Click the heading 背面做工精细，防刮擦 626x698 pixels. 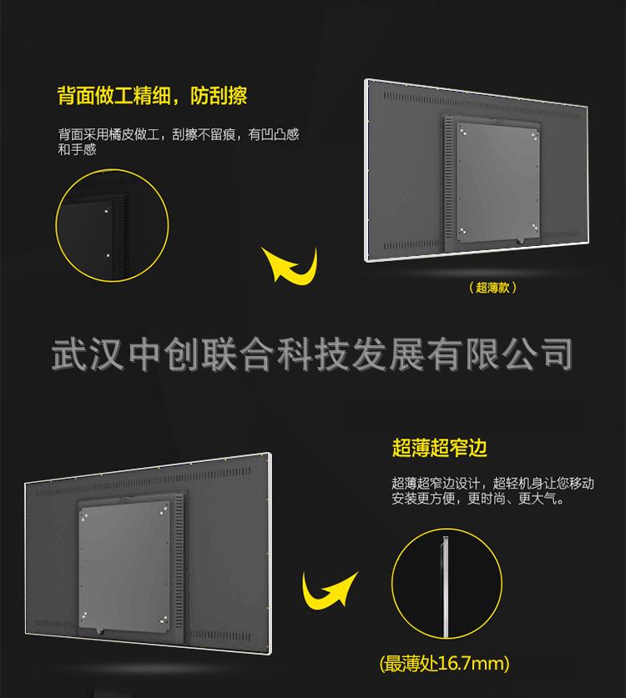(152, 96)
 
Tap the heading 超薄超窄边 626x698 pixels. (439, 448)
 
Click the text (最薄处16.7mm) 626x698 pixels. (444, 664)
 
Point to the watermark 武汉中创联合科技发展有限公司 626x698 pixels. (312, 354)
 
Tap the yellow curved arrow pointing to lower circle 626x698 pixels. (329, 592)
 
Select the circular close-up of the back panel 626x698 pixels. (112, 224)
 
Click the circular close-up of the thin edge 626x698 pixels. (447, 584)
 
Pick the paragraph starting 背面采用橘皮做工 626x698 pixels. (178, 142)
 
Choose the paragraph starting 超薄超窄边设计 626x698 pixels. (492, 491)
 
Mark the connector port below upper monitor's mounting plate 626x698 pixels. (519, 242)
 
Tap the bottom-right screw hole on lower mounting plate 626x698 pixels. (165, 618)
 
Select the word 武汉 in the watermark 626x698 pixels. (90, 354)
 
